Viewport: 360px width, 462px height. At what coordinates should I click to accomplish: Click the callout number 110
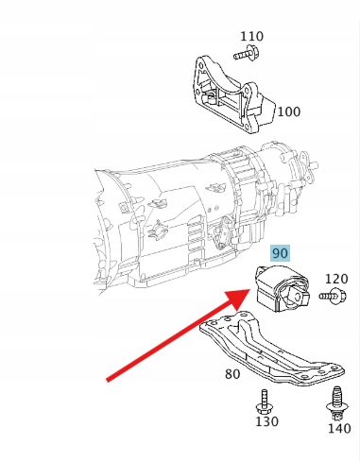coord(251,37)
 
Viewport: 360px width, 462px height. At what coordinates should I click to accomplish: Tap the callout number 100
coord(288,111)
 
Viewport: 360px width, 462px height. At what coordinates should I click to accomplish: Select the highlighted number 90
coord(280,253)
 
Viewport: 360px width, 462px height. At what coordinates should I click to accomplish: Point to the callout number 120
coord(336,279)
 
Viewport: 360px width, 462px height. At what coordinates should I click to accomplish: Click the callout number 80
coord(232,374)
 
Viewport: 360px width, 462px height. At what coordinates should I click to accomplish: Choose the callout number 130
coord(266,421)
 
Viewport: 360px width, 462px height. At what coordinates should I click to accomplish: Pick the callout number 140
coord(339,429)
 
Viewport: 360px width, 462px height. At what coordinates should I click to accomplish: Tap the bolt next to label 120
coord(333,297)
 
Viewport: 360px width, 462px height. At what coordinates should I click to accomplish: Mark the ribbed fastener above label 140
coord(336,403)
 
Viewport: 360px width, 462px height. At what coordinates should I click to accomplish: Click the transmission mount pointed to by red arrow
coord(282,288)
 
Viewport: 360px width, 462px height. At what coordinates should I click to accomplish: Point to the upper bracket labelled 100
coord(233,94)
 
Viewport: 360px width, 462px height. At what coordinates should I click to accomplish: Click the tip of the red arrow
coord(250,290)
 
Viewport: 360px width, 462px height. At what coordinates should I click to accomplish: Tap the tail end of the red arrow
coord(108,380)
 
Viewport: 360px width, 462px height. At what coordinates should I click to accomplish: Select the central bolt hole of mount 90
coord(296,297)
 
